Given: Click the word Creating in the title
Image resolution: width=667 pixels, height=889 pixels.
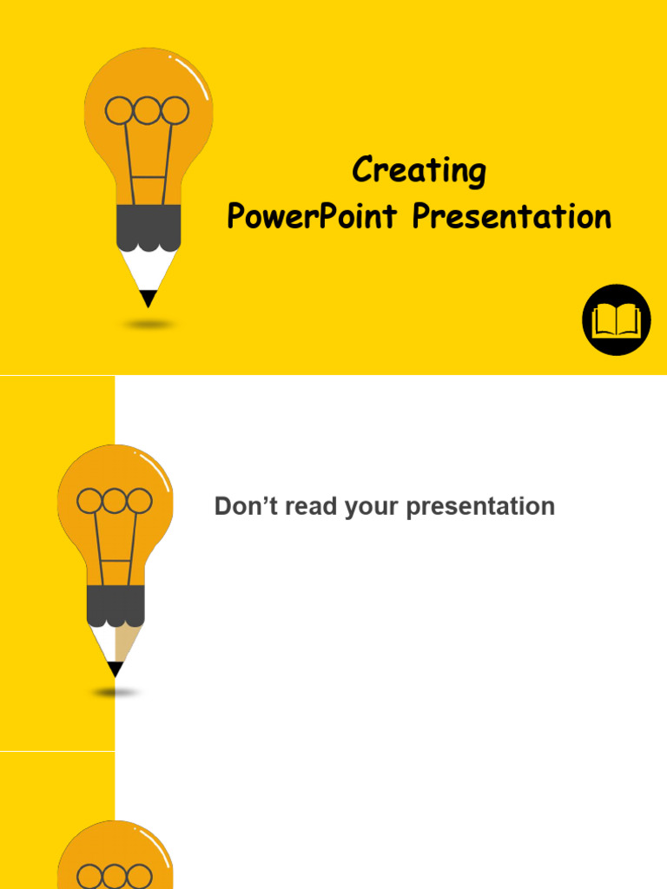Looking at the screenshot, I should coord(419,170).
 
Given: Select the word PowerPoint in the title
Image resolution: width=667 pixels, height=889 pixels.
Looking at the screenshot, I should coord(314,216).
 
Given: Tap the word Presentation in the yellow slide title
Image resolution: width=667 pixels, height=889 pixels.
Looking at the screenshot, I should coord(512,216).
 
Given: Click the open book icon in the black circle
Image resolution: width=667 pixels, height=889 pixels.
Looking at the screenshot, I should coord(616,320).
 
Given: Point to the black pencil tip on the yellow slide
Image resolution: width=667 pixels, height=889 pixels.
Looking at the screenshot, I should coord(149,298).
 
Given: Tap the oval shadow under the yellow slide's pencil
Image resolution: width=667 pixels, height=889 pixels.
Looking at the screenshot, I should coord(149,325).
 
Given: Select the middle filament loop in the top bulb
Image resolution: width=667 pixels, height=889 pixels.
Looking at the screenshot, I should coord(148,110).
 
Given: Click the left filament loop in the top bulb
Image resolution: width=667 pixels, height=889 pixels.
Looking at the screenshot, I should coord(120,110).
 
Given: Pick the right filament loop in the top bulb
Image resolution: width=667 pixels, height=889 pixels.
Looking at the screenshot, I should coord(175,110).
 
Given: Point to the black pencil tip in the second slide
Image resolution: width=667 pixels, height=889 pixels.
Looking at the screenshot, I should coord(115,669).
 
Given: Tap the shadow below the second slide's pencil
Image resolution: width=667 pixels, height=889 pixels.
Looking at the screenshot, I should coord(116,693).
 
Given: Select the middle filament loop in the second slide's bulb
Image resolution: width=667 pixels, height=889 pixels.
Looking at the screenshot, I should coord(115,501).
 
